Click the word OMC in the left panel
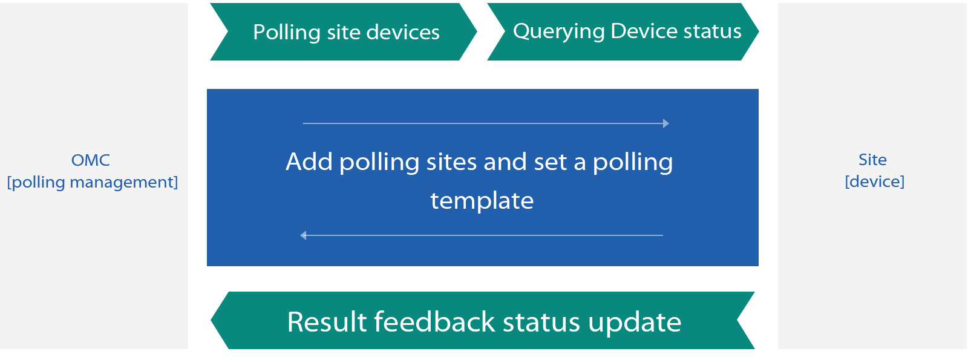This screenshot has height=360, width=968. (90, 160)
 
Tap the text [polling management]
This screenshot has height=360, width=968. (93, 182)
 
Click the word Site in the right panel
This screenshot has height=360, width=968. (872, 160)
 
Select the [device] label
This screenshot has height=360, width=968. (875, 182)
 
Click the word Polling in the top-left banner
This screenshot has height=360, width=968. (287, 33)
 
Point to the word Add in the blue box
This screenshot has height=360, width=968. (309, 162)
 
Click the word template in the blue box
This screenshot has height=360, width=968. (482, 201)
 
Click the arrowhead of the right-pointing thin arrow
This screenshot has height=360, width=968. (666, 123)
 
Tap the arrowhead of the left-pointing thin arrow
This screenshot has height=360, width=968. (303, 235)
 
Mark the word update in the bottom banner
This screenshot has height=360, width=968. (635, 323)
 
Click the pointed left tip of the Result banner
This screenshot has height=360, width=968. (211, 320)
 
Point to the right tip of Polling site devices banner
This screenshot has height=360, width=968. (476, 31)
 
